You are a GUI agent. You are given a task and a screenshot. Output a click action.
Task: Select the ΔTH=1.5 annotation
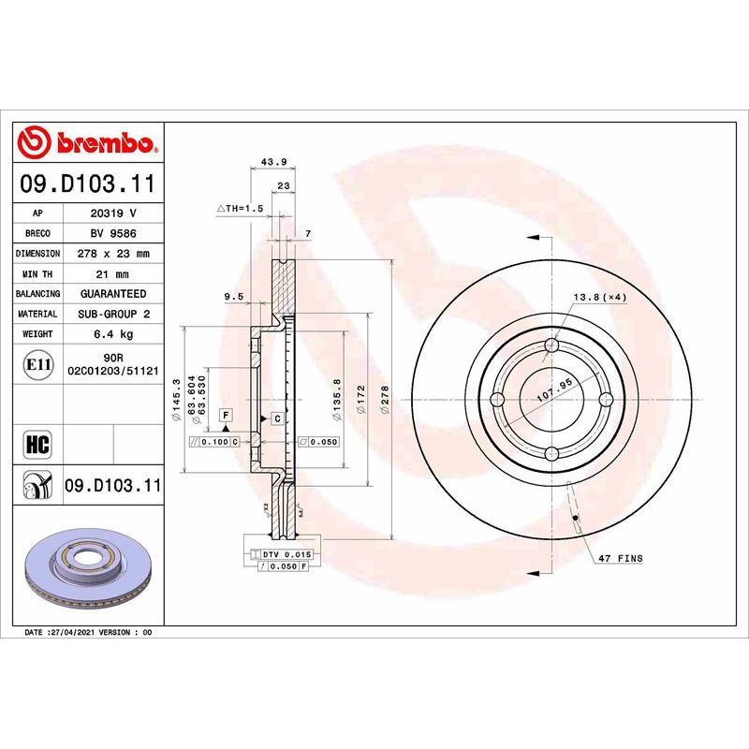point(242,208)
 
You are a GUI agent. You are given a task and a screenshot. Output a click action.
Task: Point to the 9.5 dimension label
point(234,297)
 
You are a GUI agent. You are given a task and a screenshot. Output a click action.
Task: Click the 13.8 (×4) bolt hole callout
point(599,297)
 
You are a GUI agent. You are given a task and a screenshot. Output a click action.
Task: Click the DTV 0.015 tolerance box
point(279,555)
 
